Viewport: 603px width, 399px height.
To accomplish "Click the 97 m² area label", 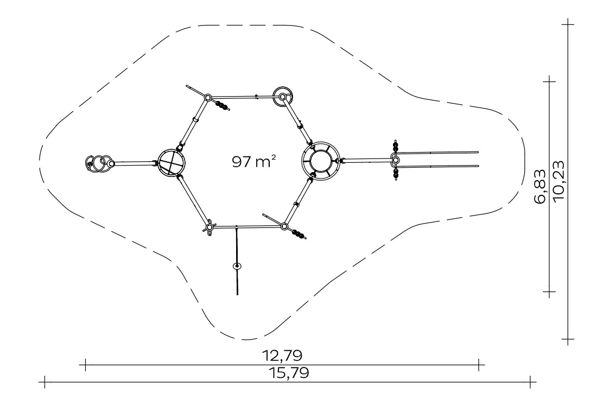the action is (254, 161).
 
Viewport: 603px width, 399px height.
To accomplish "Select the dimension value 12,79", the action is (282, 355).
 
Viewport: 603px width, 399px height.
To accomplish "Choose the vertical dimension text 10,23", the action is (558, 180).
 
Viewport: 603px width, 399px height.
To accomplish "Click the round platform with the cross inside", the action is (171, 163).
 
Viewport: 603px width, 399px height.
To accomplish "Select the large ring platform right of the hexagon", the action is (321, 161).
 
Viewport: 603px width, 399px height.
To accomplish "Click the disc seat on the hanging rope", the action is (237, 266).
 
